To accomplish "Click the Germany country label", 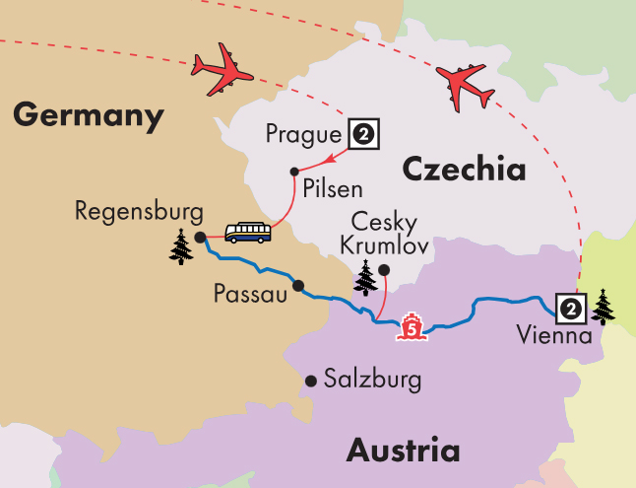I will (88, 116).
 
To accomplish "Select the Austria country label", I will (403, 451).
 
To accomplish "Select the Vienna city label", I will (553, 335).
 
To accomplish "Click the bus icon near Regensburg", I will (247, 232).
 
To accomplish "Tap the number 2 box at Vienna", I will (569, 309).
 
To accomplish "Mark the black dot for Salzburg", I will (311, 380).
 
